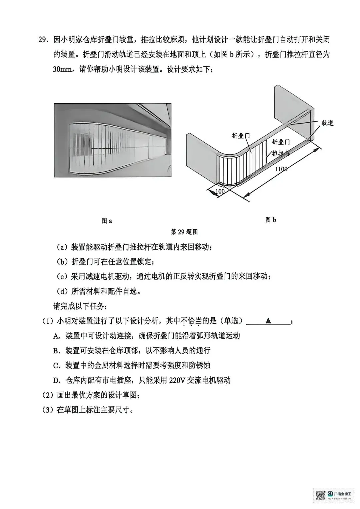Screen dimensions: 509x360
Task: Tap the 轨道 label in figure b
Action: [327, 123]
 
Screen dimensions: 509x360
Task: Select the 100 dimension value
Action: [220, 192]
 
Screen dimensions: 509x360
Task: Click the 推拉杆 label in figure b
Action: [280, 153]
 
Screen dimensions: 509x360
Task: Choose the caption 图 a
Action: [107, 221]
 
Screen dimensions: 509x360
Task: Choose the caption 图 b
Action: [271, 220]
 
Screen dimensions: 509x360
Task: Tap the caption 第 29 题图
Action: [184, 232]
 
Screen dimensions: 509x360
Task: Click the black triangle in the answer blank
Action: [268, 321]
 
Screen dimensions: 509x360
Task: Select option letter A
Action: [56, 336]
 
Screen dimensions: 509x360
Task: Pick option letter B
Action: [56, 350]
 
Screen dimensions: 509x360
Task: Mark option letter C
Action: [56, 365]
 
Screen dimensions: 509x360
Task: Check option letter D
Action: [56, 380]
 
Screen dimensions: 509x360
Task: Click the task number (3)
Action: [48, 410]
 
